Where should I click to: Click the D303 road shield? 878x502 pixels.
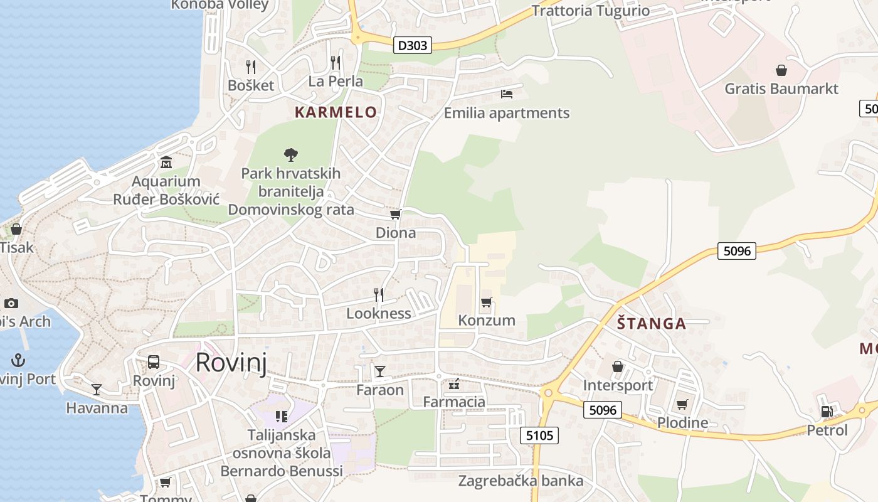tap(413, 45)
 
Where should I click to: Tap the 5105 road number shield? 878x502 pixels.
tap(539, 435)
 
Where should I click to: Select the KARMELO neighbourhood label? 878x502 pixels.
tap(336, 112)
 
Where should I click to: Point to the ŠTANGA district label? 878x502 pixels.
tap(652, 324)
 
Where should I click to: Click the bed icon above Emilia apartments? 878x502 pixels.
tap(507, 94)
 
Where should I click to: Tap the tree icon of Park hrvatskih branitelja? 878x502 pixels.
tap(290, 154)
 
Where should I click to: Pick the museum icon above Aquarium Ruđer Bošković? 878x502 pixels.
tap(166, 163)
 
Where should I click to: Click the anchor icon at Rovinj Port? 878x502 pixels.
tap(18, 360)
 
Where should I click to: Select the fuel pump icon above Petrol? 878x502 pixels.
tap(827, 412)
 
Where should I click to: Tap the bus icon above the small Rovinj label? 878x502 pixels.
tap(154, 362)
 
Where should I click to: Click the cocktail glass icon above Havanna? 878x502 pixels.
tap(97, 390)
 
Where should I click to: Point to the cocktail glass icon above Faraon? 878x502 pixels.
tap(380, 371)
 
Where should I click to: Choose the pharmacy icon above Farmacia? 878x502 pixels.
tap(454, 383)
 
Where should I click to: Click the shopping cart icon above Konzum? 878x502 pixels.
tap(486, 302)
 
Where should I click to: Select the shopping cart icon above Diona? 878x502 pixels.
tap(395, 215)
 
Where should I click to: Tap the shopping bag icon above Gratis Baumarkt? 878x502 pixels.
tap(781, 70)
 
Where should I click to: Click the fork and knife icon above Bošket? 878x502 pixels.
tap(251, 67)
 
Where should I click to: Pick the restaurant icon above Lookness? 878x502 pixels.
tap(379, 295)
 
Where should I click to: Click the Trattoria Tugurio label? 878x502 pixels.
tap(590, 11)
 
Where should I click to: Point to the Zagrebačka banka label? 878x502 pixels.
tap(521, 481)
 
